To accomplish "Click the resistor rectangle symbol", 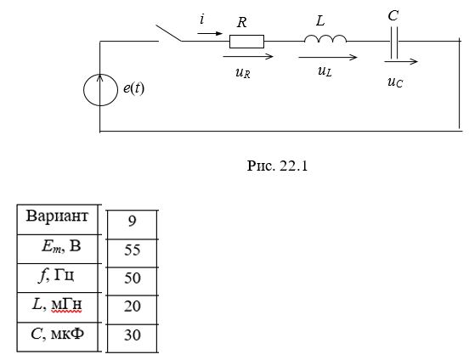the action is [246, 42].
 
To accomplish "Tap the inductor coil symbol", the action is [325, 37].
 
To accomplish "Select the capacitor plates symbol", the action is [394, 42].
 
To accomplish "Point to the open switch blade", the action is [169, 33].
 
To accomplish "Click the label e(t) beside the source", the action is [133, 88].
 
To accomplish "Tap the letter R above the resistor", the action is [241, 22].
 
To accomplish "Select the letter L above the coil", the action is [320, 21].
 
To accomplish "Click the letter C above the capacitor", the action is [393, 15].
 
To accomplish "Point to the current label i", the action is [202, 20].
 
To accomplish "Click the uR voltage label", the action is [243, 73].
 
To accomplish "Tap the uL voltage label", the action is [325, 71].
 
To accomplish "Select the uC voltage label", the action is [395, 82].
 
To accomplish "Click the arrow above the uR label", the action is [248, 56].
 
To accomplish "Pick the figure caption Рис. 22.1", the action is [277, 166].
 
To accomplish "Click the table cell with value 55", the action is [133, 253].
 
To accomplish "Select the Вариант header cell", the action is [58, 219].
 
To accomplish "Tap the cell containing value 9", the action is [133, 224].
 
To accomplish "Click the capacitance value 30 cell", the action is [133, 338].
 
